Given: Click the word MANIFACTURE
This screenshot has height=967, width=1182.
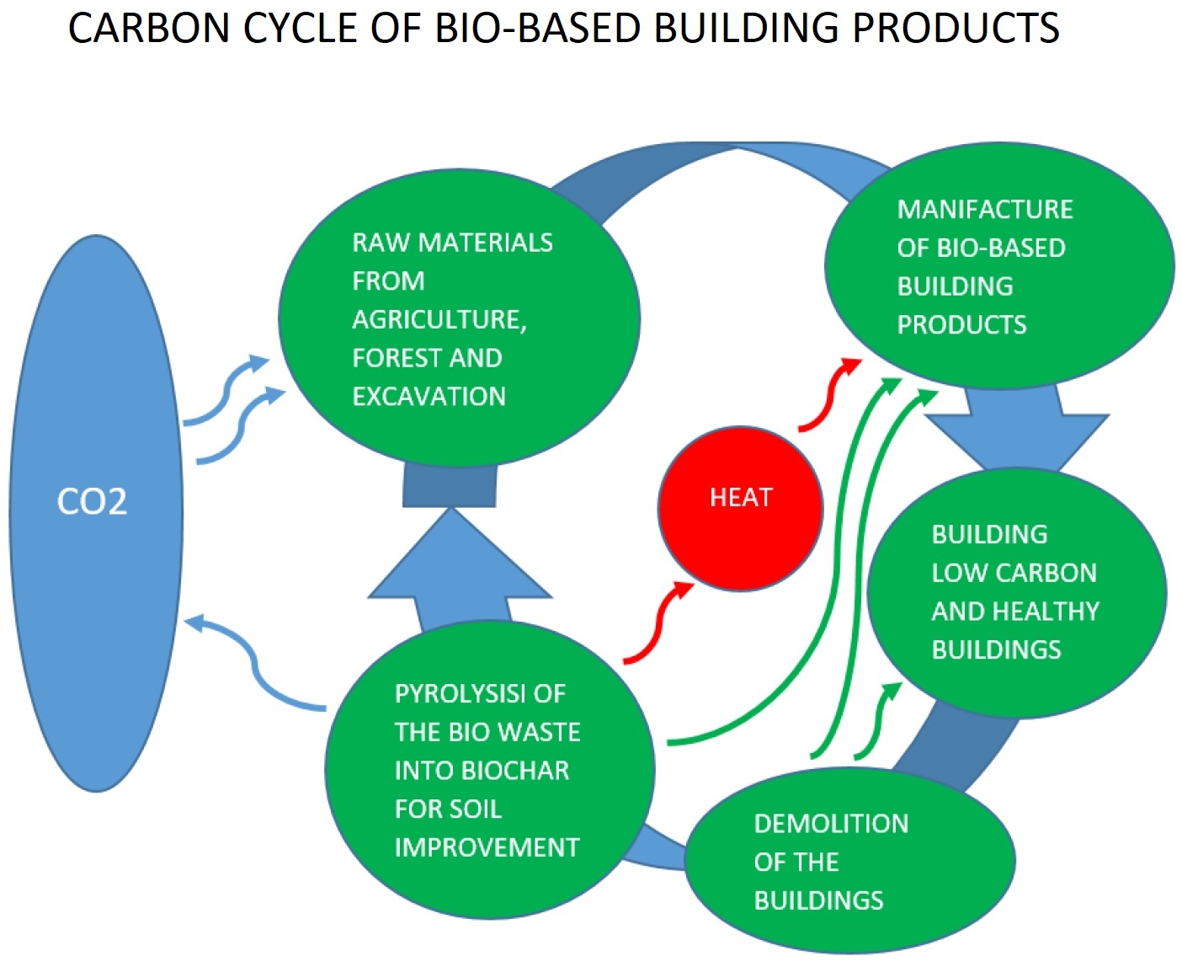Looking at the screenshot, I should click(984, 209).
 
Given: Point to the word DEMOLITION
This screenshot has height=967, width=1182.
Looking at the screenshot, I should click(831, 824).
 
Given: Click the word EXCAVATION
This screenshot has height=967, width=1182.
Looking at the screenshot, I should click(429, 396).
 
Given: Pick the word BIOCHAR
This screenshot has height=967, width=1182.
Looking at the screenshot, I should click(520, 770).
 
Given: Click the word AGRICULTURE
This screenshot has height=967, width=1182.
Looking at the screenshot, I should click(439, 319).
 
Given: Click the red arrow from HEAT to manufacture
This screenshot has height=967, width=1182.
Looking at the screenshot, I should click(829, 392).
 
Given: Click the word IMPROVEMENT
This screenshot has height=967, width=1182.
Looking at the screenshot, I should click(487, 847).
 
